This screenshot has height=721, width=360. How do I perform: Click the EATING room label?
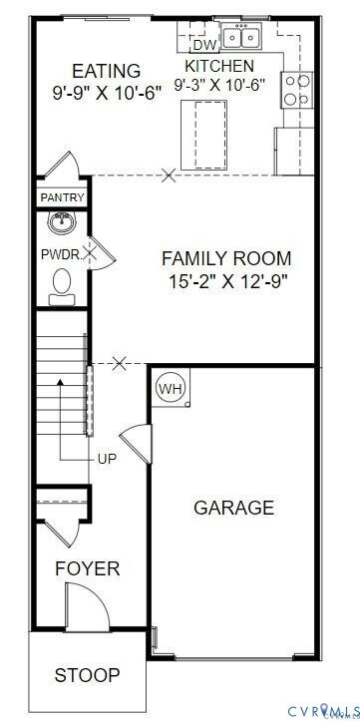(x=106, y=71)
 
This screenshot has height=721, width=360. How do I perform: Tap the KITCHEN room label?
(x=219, y=66)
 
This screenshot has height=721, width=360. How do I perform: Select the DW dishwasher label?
(x=203, y=45)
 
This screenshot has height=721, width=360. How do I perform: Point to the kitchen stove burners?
(x=295, y=90)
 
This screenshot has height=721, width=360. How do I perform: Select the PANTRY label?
(x=62, y=198)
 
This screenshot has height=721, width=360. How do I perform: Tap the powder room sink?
(x=63, y=221)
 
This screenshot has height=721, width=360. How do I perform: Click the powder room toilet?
(x=62, y=283)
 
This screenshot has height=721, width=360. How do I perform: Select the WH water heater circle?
(x=171, y=388)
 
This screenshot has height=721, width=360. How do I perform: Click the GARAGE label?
(x=233, y=508)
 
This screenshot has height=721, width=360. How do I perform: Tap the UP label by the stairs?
(x=108, y=460)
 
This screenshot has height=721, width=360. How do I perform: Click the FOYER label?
(x=87, y=569)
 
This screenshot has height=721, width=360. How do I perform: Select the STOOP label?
(x=87, y=675)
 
